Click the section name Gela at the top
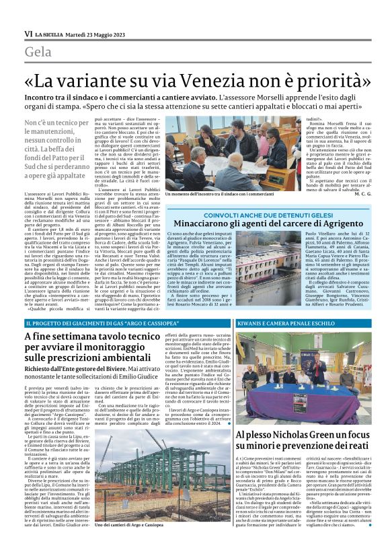pyautogui.click(x=40, y=52)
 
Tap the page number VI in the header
pyautogui.click(x=28, y=34)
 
